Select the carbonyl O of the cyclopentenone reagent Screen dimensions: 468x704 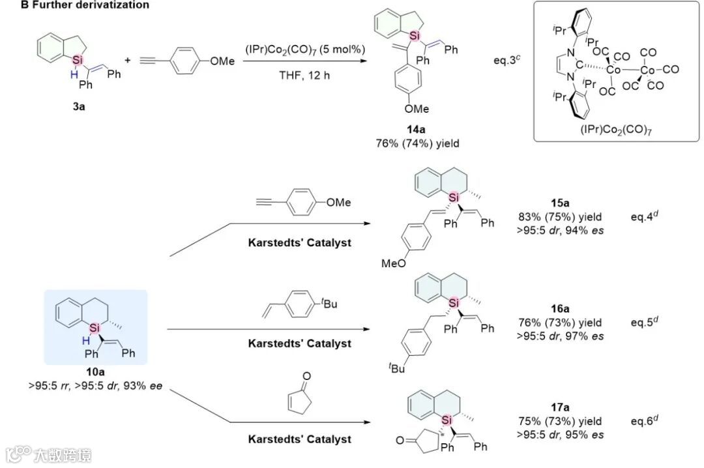(x=306, y=375)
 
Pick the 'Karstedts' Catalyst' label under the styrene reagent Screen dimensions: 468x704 (x=299, y=343)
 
